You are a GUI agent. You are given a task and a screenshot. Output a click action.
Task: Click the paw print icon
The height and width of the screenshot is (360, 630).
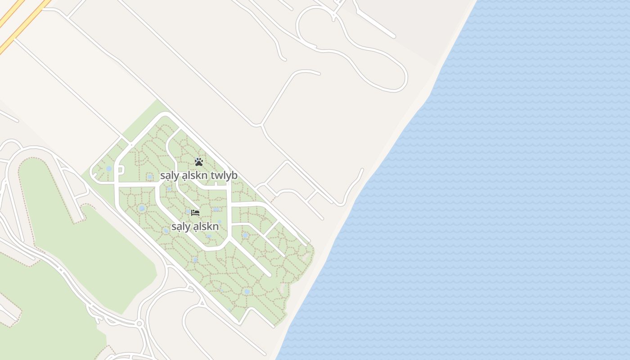198,162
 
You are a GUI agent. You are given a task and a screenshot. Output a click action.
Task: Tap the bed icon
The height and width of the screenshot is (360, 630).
195,212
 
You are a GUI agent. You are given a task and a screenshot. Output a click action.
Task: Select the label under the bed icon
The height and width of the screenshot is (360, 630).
195,226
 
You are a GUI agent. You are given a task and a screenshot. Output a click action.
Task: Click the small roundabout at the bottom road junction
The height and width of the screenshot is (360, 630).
139,324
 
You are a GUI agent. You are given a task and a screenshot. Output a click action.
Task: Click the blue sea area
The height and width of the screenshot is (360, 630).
495,202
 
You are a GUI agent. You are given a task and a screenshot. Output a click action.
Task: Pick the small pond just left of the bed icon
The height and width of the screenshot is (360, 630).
188,211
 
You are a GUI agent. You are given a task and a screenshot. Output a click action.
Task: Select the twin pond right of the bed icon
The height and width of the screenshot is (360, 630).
216,209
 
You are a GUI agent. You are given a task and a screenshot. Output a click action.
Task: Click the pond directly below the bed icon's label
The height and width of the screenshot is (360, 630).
209,236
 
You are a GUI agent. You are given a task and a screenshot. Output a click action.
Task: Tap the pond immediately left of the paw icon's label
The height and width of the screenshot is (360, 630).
150,177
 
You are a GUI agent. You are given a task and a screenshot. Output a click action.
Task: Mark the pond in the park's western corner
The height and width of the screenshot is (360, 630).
109,169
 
